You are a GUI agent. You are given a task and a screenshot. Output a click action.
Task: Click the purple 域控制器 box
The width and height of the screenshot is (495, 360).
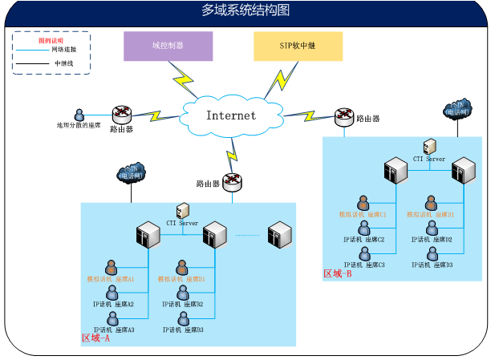tap(169, 46)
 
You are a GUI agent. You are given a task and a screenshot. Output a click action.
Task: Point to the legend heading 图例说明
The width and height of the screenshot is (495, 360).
tap(51, 39)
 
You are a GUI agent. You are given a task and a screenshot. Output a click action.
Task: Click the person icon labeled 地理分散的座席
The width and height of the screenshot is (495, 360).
tap(79, 115)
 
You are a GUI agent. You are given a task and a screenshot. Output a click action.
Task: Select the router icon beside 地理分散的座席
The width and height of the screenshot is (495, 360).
tap(121, 113)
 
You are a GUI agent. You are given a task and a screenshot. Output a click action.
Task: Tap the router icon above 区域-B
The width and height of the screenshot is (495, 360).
tap(344, 117)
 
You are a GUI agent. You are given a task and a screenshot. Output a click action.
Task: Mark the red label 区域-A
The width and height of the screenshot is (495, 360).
tap(96, 338)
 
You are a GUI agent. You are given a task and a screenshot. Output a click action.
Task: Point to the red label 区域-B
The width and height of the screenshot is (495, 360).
tap(338, 273)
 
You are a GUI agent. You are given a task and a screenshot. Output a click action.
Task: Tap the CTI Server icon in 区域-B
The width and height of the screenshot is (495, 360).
tap(429, 147)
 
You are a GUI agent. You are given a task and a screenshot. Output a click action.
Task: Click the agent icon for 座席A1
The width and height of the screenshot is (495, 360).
tap(112, 267)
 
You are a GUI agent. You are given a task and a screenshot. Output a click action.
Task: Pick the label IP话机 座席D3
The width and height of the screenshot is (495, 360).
tap(432, 265)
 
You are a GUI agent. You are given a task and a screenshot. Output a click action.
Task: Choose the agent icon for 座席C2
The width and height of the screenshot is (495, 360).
tap(365, 229)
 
